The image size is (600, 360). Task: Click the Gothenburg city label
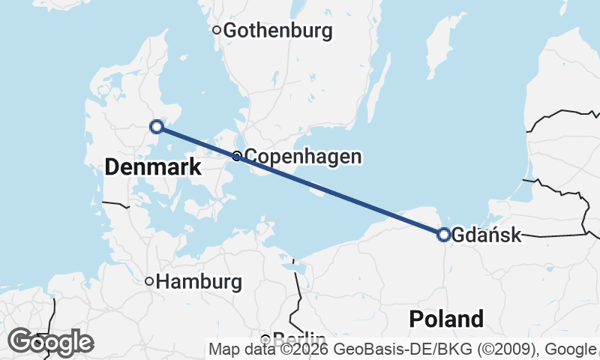[x=277, y=31]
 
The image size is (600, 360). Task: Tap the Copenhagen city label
[x=303, y=157]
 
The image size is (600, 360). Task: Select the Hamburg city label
[x=200, y=282]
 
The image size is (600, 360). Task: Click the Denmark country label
[x=153, y=167]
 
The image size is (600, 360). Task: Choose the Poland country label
[x=446, y=319]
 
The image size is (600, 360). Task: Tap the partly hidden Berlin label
[x=299, y=337]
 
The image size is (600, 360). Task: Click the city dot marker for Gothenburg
[x=217, y=30]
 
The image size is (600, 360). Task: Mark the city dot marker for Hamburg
[x=149, y=281]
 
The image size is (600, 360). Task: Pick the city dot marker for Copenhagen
[x=237, y=156]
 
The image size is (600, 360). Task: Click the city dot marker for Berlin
[x=265, y=338]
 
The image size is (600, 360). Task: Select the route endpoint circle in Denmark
[x=157, y=127]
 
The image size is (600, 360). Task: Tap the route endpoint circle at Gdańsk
[x=443, y=235]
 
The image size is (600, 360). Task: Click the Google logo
[x=50, y=342]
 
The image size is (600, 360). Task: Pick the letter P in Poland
[x=415, y=319]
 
